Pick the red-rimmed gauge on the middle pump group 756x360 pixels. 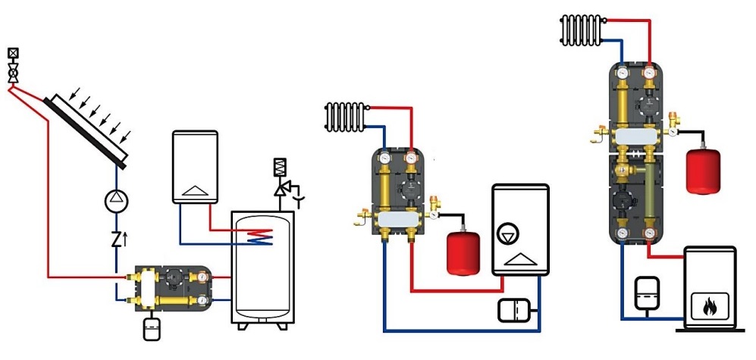click(411, 158)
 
